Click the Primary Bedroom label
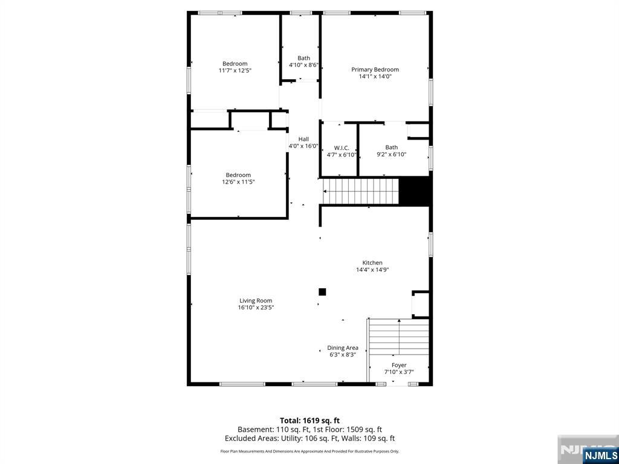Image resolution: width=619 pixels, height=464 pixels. (375, 69)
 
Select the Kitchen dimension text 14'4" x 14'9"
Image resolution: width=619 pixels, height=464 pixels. (372, 270)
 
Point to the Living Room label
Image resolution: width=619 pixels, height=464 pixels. (256, 300)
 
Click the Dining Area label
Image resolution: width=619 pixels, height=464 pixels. (343, 347)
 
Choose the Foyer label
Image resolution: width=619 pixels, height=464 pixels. (399, 365)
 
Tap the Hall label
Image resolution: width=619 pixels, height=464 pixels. (303, 139)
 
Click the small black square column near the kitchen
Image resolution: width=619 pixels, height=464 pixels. (322, 292)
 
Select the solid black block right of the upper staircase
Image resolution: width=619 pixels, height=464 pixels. (415, 192)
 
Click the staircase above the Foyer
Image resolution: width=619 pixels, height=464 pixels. (399, 337)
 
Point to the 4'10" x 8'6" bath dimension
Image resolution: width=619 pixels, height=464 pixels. (303, 65)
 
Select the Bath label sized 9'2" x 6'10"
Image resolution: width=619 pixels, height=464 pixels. (392, 147)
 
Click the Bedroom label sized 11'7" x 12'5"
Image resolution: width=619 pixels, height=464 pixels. (235, 63)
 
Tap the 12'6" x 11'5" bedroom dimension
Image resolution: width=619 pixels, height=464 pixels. (238, 182)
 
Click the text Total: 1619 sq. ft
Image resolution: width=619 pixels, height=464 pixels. (309, 420)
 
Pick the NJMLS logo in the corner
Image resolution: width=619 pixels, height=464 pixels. (600, 454)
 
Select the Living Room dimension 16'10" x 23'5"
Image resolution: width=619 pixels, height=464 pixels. (256, 308)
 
